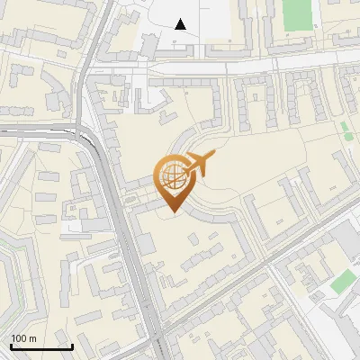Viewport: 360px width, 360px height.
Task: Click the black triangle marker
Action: pos(181,24)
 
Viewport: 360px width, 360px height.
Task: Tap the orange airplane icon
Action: pos(199,164)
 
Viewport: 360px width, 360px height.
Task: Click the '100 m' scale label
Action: pos(23,337)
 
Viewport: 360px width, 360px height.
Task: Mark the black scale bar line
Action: pos(41,346)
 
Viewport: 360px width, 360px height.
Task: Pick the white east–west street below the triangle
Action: pos(270,66)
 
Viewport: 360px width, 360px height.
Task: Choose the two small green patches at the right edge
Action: pos(346,131)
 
